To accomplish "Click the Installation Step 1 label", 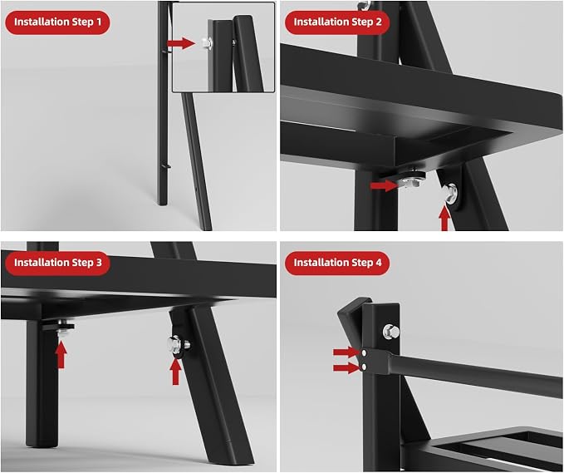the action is pos(57,22).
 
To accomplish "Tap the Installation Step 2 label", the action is pos(337,22).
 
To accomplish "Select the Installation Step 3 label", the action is pos(57,263).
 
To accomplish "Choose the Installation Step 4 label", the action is pos(337,263).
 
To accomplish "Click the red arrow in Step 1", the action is pos(181,43).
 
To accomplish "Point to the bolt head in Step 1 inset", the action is pos(207,43).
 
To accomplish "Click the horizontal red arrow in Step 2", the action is pos(384,185).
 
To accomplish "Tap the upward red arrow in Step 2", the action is pos(444,218).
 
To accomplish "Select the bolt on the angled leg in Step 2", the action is pos(451,191).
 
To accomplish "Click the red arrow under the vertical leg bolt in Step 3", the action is pos(61,355).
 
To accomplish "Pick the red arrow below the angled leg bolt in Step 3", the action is pos(175,372).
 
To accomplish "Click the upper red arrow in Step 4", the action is pos(346,352).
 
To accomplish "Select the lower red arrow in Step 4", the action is pos(346,367).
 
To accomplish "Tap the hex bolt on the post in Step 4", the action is pos(391,332).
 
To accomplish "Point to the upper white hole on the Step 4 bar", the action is pos(365,352).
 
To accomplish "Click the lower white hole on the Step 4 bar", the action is pos(365,367).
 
